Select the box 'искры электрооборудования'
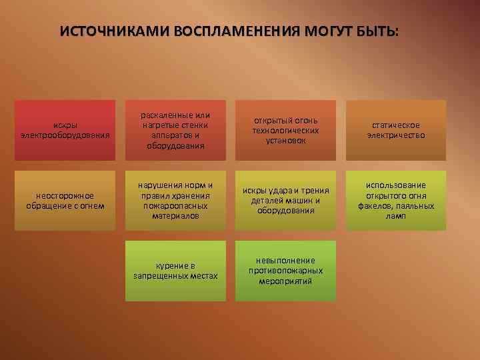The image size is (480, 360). pos(65,130)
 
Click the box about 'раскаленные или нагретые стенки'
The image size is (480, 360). pos(176,130)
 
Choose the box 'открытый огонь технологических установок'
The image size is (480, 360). pos(286,130)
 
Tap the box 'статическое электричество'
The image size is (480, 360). pos(396,130)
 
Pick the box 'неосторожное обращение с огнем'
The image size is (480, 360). pos(65,200)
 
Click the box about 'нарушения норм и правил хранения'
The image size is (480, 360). pos(176,200)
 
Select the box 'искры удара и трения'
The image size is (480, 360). pos(286,200)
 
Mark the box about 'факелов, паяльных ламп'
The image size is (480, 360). pos(396,200)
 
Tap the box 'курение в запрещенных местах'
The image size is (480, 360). pos(176,270)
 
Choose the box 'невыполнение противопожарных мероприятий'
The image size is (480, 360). pos(286,270)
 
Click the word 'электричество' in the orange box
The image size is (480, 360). pos(396,135)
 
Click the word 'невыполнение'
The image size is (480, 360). pos(286,260)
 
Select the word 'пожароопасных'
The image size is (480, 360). pos(176,205)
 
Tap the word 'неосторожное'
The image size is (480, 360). pos(65,195)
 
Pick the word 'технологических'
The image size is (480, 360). pos(286,131)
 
